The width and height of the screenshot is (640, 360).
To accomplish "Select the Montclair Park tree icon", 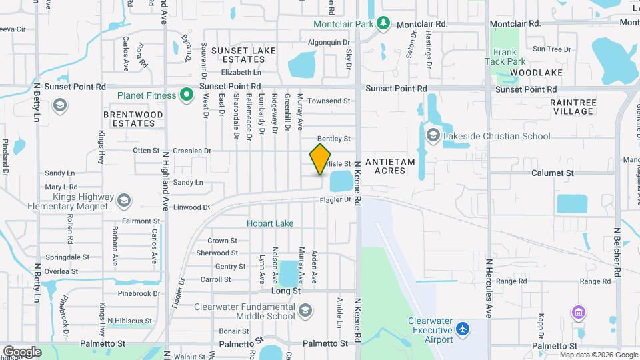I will click(383, 24).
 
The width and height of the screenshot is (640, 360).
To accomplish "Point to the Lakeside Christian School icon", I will click(433, 137).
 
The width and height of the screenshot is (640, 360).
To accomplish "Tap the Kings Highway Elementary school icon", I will click(123, 201).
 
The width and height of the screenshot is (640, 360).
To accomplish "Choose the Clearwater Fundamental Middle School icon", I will click(305, 311).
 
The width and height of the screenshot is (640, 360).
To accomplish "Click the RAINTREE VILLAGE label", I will click(573, 107).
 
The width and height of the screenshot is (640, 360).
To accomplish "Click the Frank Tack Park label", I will click(506, 57).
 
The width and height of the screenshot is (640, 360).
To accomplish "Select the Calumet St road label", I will click(553, 173).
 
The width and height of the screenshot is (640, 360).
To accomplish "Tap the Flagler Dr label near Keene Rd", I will click(335, 199).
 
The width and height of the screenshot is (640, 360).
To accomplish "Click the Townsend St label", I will click(333, 101).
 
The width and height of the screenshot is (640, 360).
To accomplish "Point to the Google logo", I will click(22, 352).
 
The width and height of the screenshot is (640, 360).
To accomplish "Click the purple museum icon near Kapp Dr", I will click(578, 312).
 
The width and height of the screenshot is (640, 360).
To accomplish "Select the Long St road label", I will click(286, 291).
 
